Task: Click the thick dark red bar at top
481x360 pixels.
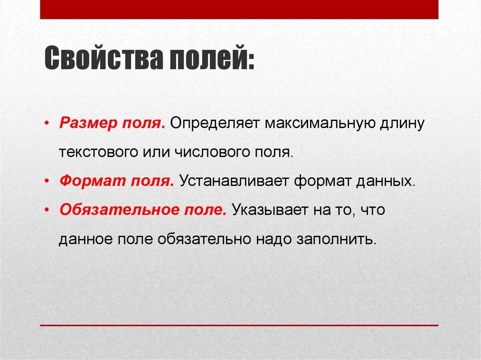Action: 239,9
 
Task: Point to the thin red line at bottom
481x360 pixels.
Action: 239,325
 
